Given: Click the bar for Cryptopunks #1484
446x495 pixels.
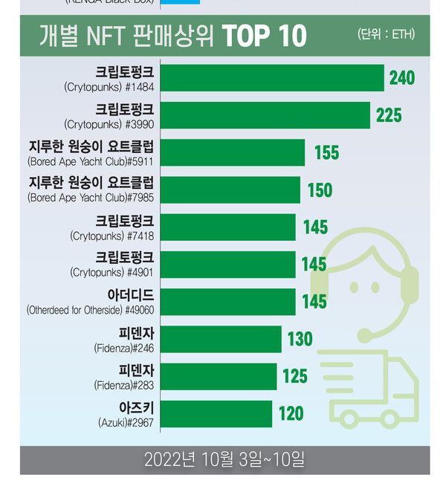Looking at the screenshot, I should (272, 78).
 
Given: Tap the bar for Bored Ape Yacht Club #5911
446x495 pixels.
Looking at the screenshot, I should (233, 152).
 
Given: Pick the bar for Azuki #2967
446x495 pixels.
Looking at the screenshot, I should (216, 414).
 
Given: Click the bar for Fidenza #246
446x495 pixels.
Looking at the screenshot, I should (221, 340).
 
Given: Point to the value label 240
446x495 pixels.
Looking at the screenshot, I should (401, 78).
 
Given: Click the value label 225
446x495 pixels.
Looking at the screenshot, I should (389, 115).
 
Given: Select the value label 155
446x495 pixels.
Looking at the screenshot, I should (326, 152).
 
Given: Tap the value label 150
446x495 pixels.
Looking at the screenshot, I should (320, 190).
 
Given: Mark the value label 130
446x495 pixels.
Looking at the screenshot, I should (300, 340).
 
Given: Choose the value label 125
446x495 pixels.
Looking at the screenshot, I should (295, 377).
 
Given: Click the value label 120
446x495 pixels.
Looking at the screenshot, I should (291, 414).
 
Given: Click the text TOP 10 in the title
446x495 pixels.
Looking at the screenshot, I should (264, 36).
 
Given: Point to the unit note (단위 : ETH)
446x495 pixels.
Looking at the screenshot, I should (386, 35).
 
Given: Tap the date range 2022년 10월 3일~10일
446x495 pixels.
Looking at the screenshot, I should (224, 460).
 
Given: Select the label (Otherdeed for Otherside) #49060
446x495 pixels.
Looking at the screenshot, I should (90, 309).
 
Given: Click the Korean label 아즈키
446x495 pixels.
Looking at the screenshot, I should (136, 408).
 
